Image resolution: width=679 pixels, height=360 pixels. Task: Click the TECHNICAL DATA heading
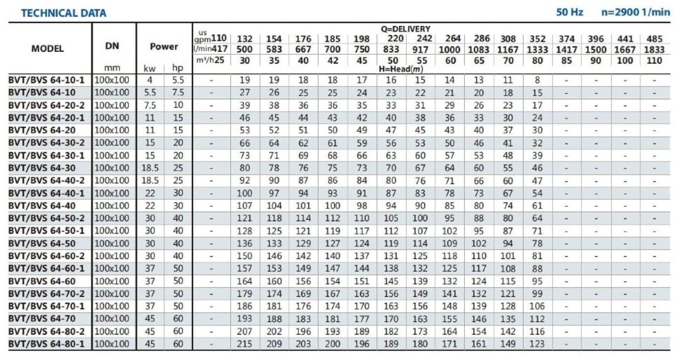pos(64,13)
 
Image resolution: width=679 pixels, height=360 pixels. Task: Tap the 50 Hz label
pos(569,12)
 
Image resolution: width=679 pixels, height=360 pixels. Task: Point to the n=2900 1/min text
pos(635,12)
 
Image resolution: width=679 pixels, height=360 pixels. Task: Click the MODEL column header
pos(47,49)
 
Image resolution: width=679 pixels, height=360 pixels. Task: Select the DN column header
pos(112,46)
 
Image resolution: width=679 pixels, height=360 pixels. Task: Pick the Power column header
pos(164,47)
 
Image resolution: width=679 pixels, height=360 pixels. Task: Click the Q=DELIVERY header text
pos(406,29)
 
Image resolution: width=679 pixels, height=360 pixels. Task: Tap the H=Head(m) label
pos(400,69)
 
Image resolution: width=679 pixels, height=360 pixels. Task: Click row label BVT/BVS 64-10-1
pos(46,80)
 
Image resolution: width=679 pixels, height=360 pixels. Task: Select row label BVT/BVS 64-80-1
pos(46,344)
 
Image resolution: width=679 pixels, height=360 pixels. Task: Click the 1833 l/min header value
pos(654,50)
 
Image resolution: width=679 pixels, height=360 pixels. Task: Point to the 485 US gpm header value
pos(654,39)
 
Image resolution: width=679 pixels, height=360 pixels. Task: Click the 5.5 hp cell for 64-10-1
pos(178,80)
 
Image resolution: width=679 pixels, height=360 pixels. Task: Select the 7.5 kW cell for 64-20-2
pos(150,105)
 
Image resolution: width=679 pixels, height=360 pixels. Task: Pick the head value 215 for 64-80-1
pos(244,344)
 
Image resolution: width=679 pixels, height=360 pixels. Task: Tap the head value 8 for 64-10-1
pos(537,80)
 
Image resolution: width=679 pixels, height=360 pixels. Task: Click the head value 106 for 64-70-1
pos(537,306)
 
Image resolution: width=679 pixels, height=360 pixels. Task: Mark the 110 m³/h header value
pos(654,60)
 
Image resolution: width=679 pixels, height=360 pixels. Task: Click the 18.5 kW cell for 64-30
pos(150,168)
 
